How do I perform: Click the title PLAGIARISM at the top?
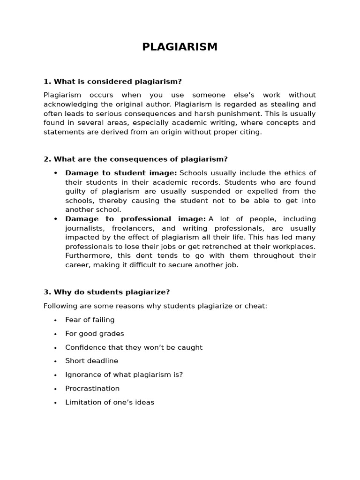[x=180, y=47]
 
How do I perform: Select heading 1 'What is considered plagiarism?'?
[x=112, y=82]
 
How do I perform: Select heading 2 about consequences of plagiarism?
[x=135, y=159]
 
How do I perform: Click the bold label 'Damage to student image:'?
[x=121, y=173]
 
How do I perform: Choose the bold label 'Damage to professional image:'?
[x=135, y=219]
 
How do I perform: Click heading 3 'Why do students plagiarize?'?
[x=106, y=292]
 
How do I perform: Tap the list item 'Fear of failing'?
[x=90, y=320]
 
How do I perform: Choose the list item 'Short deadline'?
[x=91, y=361]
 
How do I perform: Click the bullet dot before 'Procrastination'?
[x=55, y=389]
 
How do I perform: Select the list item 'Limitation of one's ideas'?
[x=109, y=402]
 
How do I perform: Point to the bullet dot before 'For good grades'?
[x=55, y=334]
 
